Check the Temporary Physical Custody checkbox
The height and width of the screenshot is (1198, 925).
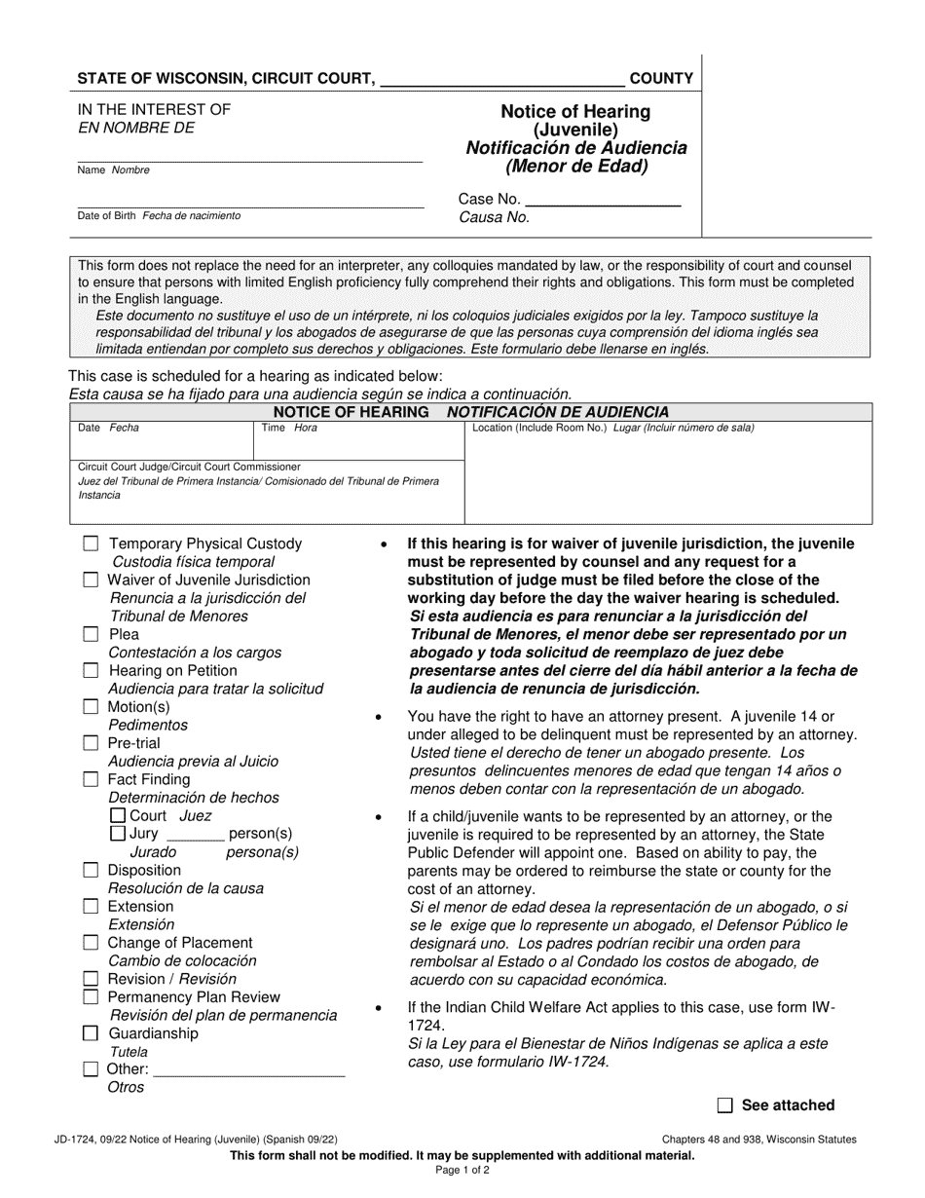point(91,544)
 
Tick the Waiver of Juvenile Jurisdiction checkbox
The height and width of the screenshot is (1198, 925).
point(91,580)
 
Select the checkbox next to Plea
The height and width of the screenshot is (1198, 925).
point(91,634)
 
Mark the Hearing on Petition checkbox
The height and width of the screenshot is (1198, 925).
point(91,671)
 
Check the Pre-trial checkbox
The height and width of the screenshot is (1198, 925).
point(91,743)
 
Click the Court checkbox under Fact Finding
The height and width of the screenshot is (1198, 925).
point(118,816)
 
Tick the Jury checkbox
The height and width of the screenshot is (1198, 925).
point(118,834)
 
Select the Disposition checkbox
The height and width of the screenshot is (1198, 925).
point(91,871)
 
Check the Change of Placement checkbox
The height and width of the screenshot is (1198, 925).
point(91,943)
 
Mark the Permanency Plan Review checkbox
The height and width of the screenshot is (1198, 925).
point(91,997)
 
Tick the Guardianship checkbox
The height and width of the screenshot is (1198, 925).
point(91,1033)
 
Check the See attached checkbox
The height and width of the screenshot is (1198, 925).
point(724,1105)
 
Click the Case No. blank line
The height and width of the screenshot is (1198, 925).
point(602,201)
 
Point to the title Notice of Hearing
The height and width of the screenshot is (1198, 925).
point(575,112)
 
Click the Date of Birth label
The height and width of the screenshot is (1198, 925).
point(108,215)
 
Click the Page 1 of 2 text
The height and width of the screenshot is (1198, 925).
point(462,1171)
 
